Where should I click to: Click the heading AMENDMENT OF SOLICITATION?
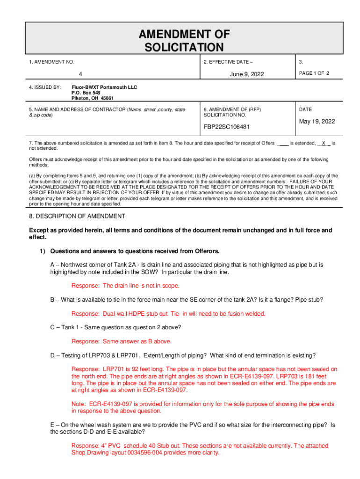184,40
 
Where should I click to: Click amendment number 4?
80,74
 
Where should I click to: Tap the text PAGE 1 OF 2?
315,73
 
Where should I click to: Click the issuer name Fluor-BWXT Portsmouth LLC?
104,87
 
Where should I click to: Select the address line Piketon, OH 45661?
92,99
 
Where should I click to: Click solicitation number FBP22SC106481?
226,127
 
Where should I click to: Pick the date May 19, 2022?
317,122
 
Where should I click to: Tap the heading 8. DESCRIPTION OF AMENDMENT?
77,216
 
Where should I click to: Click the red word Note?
78,404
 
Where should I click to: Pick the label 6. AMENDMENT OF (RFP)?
232,109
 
